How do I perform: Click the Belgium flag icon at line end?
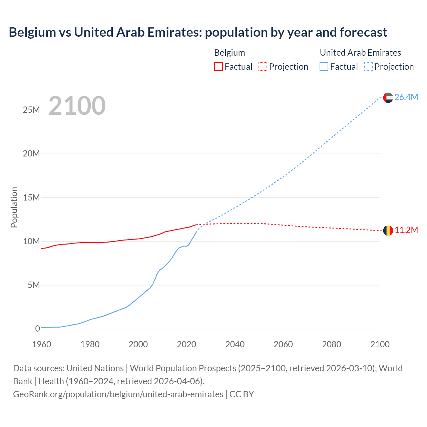(388, 230)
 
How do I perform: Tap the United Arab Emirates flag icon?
(388, 97)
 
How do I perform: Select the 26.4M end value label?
(406, 97)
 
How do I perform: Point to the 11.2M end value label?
(406, 230)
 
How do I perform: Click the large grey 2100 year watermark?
(77, 106)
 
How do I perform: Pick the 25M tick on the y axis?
(31, 110)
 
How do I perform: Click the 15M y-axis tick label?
(31, 197)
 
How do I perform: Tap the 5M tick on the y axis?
(34, 285)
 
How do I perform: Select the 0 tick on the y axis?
(37, 329)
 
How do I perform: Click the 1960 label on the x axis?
(42, 344)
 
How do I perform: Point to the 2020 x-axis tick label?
(186, 344)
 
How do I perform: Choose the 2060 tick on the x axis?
(283, 344)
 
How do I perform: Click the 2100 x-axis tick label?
(380, 344)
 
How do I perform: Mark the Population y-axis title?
(14, 207)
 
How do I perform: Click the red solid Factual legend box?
(219, 67)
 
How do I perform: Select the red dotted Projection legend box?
(263, 67)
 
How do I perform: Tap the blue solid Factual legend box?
(324, 67)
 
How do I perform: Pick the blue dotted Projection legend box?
(369, 67)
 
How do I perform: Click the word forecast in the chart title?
(363, 32)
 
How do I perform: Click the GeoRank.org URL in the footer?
(118, 394)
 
